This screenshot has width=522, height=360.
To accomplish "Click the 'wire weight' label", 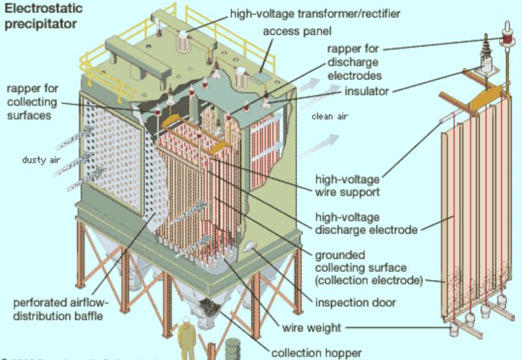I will tap(311, 328).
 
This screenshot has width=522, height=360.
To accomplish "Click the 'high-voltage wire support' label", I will tap(348, 186).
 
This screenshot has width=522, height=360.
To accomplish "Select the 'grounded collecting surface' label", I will tap(369, 267).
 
